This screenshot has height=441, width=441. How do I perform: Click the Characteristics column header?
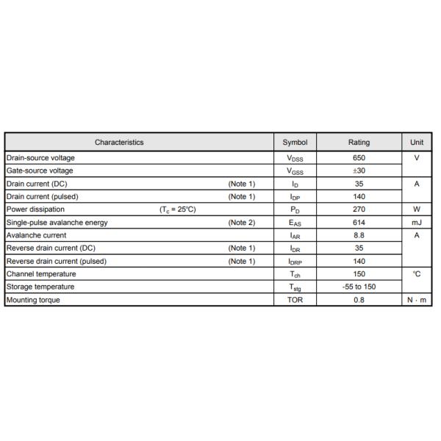point(119,143)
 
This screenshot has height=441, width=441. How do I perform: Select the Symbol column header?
point(295,143)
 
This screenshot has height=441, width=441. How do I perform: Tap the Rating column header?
point(359,143)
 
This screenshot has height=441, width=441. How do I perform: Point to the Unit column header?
point(417,143)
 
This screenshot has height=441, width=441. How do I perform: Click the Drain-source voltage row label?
point(40,158)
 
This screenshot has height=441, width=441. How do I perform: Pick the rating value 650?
point(359,158)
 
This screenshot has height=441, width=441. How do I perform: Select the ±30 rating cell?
point(359,171)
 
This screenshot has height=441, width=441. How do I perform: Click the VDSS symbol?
point(295,159)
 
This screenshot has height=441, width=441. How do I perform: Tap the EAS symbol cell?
point(295,223)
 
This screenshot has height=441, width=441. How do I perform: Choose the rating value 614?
point(359,222)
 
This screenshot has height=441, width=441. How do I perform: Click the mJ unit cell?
point(417,222)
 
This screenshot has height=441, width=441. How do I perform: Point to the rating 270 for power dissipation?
point(359,209)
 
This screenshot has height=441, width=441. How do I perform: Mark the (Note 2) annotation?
point(242,222)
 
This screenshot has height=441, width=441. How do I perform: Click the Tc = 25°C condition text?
point(178,209)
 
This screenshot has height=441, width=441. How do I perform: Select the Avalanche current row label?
point(36,235)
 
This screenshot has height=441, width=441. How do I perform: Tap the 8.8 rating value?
point(359,235)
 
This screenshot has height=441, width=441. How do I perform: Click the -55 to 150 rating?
point(359,287)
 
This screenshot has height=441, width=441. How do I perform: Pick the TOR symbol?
point(295,300)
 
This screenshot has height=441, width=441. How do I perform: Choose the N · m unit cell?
point(417,300)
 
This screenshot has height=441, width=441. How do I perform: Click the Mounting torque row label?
point(34,300)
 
